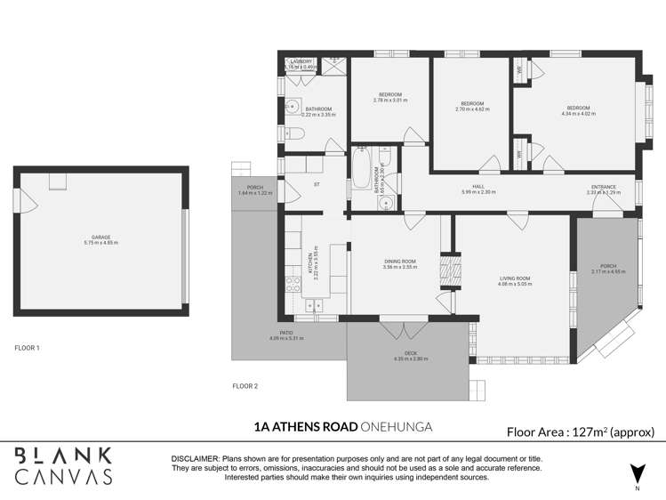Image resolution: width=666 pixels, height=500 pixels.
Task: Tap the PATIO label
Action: point(286,333)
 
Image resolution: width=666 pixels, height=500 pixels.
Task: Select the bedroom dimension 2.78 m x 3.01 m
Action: point(390,101)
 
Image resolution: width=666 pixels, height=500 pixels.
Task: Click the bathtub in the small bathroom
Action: point(361,169)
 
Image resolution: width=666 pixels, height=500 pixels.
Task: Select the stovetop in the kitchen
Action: point(292,285)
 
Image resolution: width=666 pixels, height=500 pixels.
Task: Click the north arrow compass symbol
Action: point(635,473)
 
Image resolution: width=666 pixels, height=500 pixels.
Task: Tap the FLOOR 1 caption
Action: point(27,348)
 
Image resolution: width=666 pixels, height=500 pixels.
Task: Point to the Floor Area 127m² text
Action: point(580,432)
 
